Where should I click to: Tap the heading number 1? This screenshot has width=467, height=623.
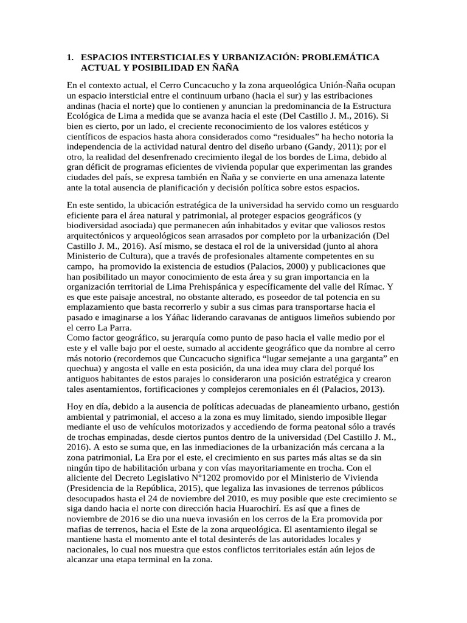tap(69, 57)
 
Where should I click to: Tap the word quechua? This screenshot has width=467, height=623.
tap(84, 369)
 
